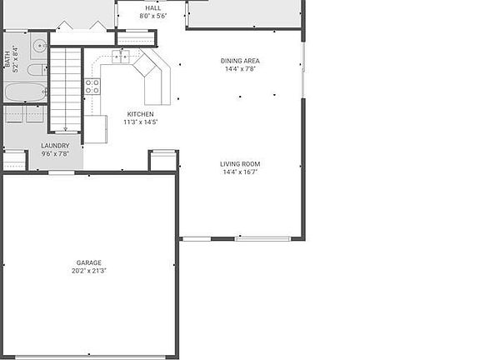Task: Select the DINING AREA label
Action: click(240, 61)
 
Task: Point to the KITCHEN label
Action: click(140, 114)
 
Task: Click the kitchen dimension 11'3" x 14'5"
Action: click(140, 122)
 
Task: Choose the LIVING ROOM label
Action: click(240, 164)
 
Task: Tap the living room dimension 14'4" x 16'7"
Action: click(240, 172)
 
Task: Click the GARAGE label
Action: click(89, 262)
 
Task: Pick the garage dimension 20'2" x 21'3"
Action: click(89, 271)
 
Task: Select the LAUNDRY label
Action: click(55, 146)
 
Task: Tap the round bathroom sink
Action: click(38, 46)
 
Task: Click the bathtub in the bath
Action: click(25, 91)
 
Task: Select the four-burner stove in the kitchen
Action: click(92, 87)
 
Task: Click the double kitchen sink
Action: click(122, 57)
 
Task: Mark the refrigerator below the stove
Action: click(95, 129)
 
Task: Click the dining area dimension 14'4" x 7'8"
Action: click(240, 69)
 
